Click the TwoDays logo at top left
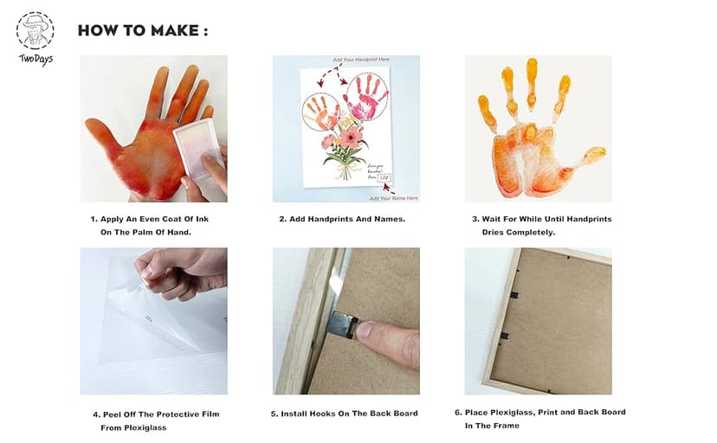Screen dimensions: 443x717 pyautogui.click(x=35, y=36)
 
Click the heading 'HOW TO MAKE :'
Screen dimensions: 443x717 pyautogui.click(x=143, y=31)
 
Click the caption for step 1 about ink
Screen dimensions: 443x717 pyautogui.click(x=150, y=226)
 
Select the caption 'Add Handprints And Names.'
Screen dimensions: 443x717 pyautogui.click(x=342, y=219)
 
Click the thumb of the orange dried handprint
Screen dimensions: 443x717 pyautogui.click(x=589, y=156)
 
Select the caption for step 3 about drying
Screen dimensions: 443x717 pyautogui.click(x=541, y=226)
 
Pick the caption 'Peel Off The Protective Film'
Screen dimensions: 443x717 pyautogui.click(x=154, y=414)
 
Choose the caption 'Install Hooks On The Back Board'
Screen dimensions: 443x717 pyautogui.click(x=344, y=414)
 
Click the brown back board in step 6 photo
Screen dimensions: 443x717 pyautogui.click(x=554, y=320)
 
